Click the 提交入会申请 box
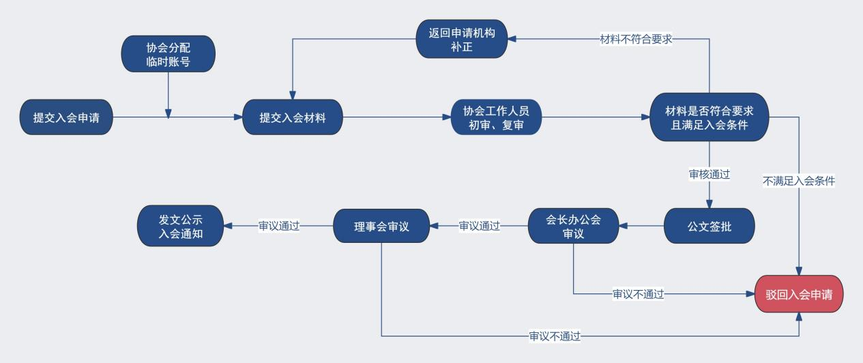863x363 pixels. pos(66,117)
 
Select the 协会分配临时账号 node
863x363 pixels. pos(168,54)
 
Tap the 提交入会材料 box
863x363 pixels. pos(293,117)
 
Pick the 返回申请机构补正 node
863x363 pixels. pos(462,39)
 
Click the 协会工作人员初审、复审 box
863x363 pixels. pos(496,117)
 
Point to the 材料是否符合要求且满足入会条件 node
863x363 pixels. pos(709,117)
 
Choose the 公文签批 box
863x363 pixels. pos(709,226)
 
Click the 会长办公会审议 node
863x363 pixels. pos(573,226)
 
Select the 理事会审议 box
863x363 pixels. pos(381,226)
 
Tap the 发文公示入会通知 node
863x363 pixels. pos(181,226)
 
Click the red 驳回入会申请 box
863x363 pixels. pos(799,294)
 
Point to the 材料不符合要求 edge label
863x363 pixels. pos(636,39)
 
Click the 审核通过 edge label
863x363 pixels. pos(709,174)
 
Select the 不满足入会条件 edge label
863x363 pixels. pos(799,181)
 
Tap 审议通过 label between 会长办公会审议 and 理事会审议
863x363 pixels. pos(479,226)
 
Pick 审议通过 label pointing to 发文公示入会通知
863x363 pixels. pos(278,226)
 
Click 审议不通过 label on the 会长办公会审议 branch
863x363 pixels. pos(638,294)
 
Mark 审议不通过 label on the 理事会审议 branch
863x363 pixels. pos(555,336)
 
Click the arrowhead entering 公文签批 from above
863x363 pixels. pos(709,204)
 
